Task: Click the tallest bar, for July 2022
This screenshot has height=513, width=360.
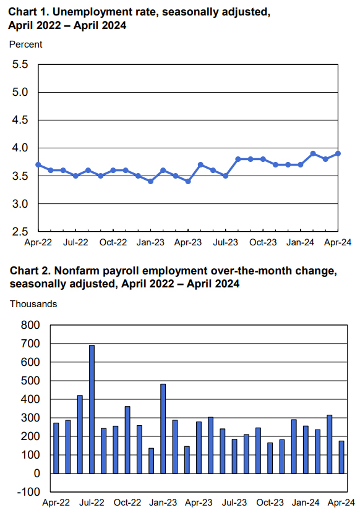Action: tap(92, 409)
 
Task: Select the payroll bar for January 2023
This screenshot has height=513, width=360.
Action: tap(163, 428)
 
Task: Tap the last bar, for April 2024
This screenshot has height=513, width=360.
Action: tap(341, 457)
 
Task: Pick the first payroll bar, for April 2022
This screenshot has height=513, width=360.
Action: tap(56, 448)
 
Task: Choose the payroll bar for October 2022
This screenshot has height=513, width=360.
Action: tap(127, 440)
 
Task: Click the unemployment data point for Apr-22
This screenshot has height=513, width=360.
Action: tap(38, 164)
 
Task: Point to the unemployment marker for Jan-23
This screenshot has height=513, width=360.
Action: tap(151, 181)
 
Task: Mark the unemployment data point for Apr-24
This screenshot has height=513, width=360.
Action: tap(338, 153)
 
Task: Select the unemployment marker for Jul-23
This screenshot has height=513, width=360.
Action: tap(225, 176)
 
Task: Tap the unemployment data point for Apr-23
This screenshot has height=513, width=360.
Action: tap(188, 181)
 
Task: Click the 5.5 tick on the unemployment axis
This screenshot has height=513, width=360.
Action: tap(20, 64)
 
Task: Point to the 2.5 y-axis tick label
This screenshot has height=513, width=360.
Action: tap(20, 232)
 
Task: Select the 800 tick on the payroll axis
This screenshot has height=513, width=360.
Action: tap(30, 325)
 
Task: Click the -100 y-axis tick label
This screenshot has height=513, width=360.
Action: tap(28, 492)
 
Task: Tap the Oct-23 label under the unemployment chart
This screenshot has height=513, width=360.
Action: tap(263, 242)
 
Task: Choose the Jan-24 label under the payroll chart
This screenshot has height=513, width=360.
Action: tap(306, 502)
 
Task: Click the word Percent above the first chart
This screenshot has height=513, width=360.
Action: tap(25, 44)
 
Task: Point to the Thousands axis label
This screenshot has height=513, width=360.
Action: tap(33, 304)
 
